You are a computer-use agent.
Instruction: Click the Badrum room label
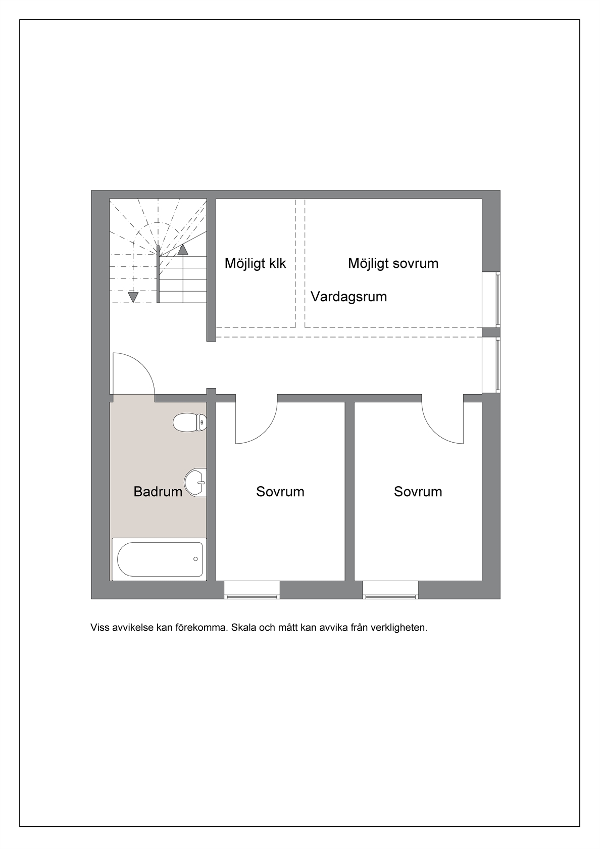coord(158,492)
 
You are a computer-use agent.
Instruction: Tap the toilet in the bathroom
coord(189,422)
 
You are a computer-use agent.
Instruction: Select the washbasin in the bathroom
coord(195,483)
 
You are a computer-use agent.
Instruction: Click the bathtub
coord(159,559)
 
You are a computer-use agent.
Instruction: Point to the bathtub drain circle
coord(195,559)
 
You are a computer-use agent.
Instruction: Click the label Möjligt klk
coord(256,263)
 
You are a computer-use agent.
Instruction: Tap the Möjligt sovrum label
coord(393,263)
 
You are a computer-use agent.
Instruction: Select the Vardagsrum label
coord(349,297)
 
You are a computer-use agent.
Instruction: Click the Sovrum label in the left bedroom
coord(280,492)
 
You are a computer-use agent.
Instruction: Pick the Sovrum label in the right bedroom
coord(418,492)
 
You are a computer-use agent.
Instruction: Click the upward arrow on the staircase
coord(183,250)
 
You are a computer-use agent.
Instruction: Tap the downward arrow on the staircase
coord(133,298)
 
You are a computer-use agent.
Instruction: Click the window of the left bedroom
coord(252,590)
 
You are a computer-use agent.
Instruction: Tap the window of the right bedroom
coord(390,590)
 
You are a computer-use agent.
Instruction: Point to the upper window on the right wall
coord(491,299)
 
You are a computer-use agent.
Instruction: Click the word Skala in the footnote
coord(244,627)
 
